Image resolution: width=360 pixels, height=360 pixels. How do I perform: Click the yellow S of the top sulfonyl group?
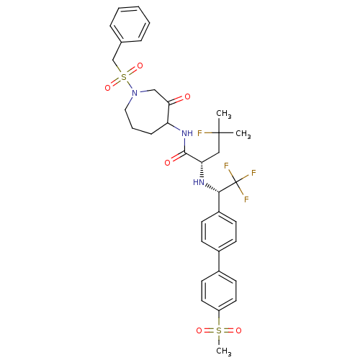[x=124, y=77]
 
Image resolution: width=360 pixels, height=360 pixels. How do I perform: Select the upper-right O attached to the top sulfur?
[x=140, y=66]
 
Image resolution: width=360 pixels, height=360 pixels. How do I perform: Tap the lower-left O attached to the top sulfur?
[x=108, y=88]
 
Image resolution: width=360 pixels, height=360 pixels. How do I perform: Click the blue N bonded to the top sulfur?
[x=135, y=93]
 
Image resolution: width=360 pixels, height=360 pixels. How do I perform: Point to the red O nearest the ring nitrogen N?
[x=187, y=96]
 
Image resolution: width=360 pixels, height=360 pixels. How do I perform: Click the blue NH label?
[x=187, y=133]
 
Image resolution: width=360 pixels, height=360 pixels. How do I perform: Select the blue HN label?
[x=199, y=182]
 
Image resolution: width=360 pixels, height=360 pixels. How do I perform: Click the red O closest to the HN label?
[x=167, y=163]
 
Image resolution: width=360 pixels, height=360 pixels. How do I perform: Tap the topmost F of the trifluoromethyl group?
[x=226, y=166]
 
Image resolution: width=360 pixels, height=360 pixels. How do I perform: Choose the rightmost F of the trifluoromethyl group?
[x=253, y=174]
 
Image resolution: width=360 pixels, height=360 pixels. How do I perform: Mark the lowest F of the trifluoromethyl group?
[x=246, y=199]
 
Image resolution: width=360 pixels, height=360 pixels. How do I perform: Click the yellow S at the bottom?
[x=219, y=330]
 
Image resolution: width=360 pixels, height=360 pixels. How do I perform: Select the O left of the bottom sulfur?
[x=199, y=330]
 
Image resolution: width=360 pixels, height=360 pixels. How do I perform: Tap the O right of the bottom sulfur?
[x=238, y=330]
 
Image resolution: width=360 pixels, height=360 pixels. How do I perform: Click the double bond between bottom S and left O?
[x=209, y=330]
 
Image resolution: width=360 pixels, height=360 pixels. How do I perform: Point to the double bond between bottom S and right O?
[x=229, y=330]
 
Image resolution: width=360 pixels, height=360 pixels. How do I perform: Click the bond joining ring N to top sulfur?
[x=130, y=85]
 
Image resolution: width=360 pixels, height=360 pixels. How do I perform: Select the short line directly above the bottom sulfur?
[x=219, y=320]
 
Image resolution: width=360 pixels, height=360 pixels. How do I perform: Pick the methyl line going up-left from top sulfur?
[x=120, y=71]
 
